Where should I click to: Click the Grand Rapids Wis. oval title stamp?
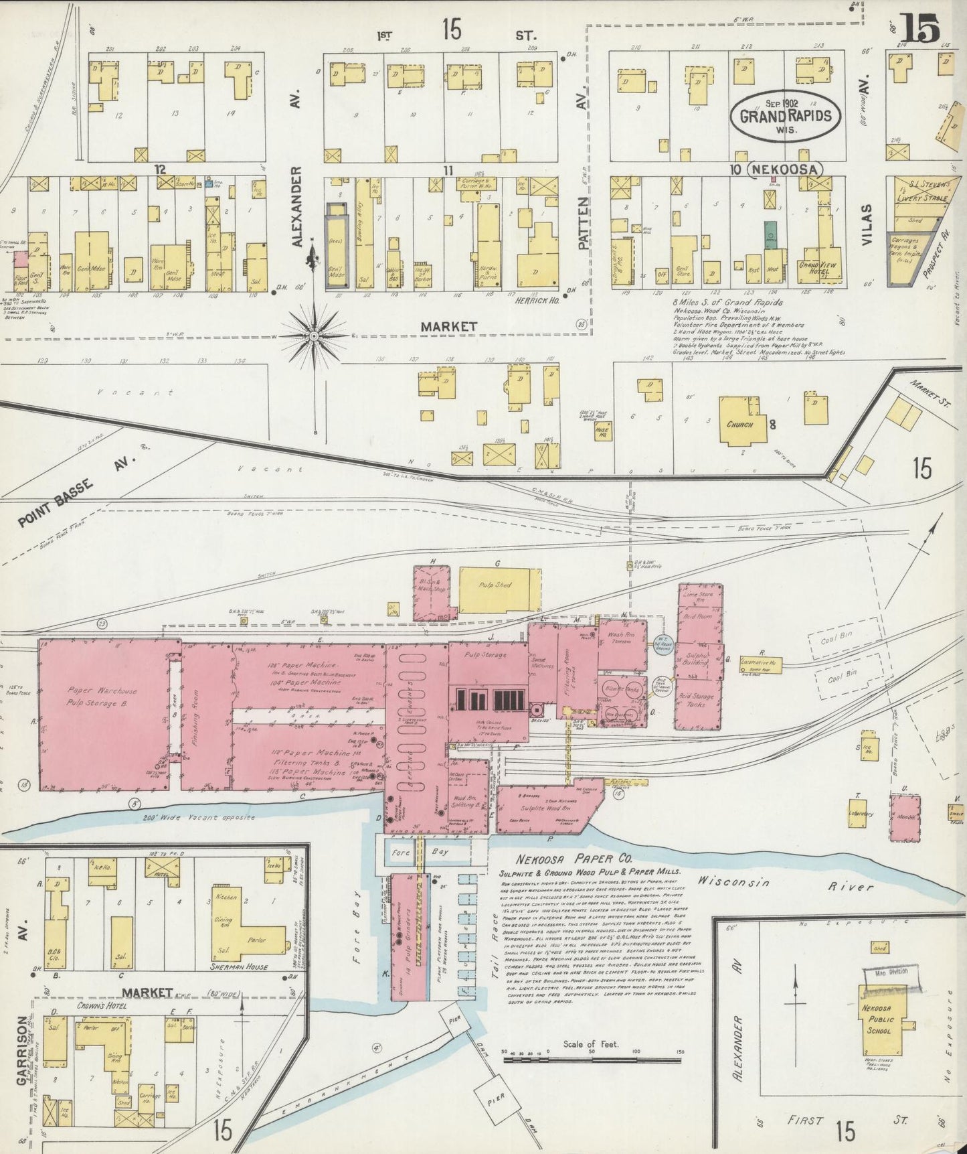pyautogui.click(x=785, y=115)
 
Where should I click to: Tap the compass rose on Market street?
pyautogui.click(x=314, y=334)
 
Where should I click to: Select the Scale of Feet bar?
pyautogui.click(x=591, y=1059)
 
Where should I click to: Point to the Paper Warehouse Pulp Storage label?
pyautogui.click(x=102, y=697)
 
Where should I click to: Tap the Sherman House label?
pyautogui.click(x=240, y=966)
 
